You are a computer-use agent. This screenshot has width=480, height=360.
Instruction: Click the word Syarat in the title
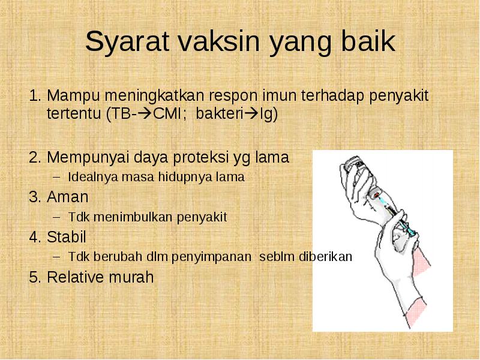(127, 41)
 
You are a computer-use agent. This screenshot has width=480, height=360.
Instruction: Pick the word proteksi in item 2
(201, 158)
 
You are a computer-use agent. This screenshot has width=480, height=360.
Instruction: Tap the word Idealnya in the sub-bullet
(93, 177)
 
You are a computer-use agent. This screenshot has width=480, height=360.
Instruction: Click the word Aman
(68, 197)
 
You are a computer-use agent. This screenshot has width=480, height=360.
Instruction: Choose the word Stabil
(67, 237)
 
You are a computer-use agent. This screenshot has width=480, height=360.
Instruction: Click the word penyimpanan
(211, 257)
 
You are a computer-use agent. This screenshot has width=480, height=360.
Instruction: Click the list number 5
(35, 277)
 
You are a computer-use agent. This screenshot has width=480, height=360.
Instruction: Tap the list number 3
(35, 197)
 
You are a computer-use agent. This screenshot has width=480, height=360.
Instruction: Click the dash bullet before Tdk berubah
(56, 257)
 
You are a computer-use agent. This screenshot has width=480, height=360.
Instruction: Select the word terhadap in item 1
(334, 96)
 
